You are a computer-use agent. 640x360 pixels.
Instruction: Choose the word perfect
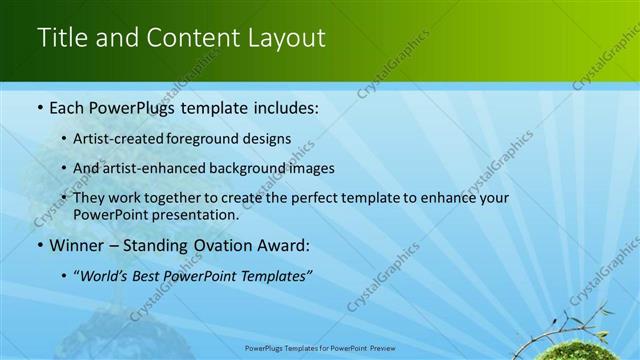point(318,198)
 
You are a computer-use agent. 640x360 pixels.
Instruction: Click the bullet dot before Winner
point(39,245)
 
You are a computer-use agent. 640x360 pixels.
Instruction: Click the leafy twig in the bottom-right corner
point(580,324)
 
